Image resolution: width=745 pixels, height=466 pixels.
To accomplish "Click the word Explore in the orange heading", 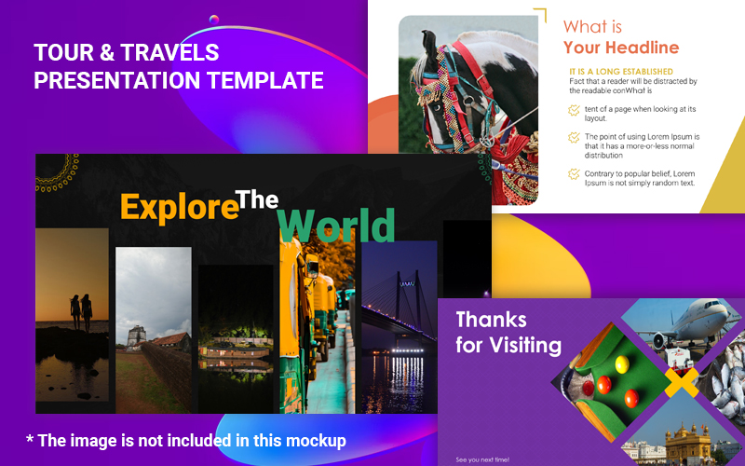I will coord(177,207).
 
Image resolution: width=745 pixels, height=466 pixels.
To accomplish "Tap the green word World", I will coord(336,226).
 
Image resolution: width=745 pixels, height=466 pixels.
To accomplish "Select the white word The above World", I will coord(257,199).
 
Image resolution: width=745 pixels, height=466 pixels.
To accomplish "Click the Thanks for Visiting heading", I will coord(508,333).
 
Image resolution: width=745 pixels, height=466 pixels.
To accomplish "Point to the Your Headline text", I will coord(621,48).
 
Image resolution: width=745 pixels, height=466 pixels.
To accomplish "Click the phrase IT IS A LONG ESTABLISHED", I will coord(620,72).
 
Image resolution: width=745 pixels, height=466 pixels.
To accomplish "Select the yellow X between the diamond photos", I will coord(681,381).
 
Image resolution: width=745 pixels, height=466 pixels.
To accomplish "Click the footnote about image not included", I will coord(185,440).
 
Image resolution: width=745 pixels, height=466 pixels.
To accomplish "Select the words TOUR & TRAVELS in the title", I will coord(127,52).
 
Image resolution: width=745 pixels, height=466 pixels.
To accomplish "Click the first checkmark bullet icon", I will coord(574,110).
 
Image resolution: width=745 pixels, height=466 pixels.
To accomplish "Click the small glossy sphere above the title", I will coord(214,19).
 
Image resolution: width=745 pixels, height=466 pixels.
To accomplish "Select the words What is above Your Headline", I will coord(592,26).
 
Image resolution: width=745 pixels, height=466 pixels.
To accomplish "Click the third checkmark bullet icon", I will coord(574,173).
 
